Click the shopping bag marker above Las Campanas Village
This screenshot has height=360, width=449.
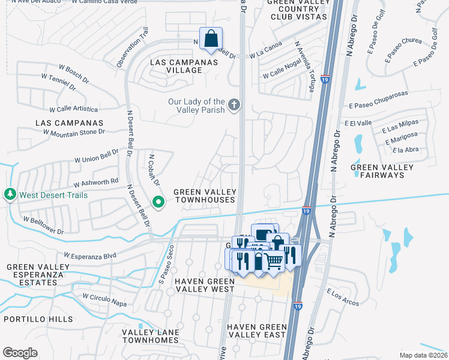(211, 39)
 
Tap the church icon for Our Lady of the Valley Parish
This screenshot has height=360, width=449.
(234, 106)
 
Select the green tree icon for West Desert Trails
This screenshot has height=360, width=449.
(10, 195)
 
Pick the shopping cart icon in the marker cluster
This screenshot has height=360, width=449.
(274, 260)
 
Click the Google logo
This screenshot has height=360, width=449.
(20, 353)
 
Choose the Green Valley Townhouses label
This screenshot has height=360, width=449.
(205, 196)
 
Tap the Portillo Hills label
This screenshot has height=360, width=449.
(38, 319)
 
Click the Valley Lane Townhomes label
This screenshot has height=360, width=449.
(150, 336)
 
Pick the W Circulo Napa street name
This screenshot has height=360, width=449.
(104, 300)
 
